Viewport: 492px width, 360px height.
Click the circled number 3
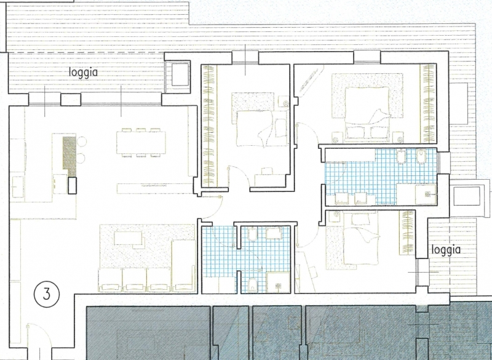47,294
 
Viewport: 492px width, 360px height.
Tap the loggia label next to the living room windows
83,73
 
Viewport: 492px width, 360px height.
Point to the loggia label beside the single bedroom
446,250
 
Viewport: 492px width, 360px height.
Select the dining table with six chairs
141,143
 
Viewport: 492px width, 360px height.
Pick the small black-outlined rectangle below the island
72,185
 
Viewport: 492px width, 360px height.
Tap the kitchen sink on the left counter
18,186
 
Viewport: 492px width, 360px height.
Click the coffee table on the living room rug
128,238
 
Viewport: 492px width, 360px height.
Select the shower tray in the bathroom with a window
426,194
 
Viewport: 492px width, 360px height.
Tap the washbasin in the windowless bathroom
274,233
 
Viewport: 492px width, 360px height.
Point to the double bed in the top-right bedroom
367,113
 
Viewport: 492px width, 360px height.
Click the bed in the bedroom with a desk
262,128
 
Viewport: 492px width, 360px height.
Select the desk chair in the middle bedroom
267,171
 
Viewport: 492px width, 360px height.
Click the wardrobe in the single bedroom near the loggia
407,232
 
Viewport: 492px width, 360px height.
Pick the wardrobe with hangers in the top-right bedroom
428,103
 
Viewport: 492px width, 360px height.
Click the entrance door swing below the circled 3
39,335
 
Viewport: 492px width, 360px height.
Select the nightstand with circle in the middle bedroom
284,102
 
